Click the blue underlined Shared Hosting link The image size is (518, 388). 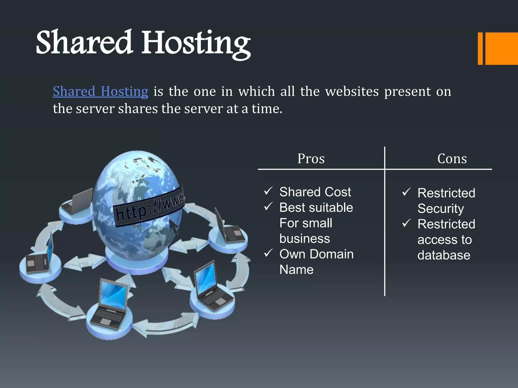click(100, 91)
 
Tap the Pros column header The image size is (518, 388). click(311, 159)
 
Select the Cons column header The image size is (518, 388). click(452, 159)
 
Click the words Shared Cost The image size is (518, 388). click(315, 192)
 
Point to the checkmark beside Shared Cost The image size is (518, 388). click(268, 191)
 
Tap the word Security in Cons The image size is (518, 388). click(441, 209)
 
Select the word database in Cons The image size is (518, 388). click(444, 255)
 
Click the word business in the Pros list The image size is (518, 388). click(305, 239)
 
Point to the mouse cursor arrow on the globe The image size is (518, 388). click(174, 226)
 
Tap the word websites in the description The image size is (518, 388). click(352, 91)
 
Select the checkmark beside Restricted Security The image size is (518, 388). click(406, 192)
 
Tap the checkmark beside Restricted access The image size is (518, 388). click(406, 223)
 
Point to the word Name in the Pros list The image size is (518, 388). click(296, 270)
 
